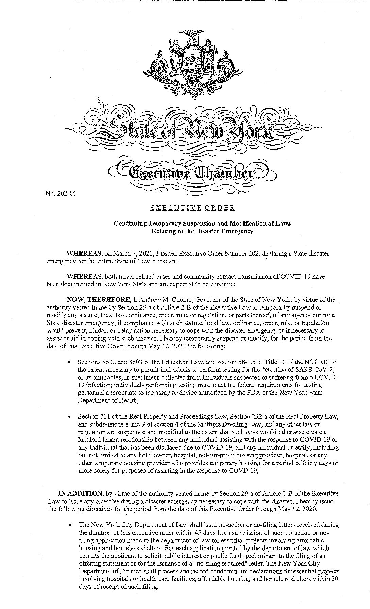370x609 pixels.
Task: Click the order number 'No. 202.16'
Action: (60, 194)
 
